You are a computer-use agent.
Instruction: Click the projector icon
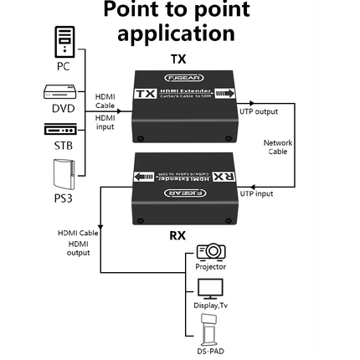coord(211,251)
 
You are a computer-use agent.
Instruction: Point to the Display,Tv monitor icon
coord(211,289)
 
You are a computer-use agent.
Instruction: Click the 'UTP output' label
coord(259,111)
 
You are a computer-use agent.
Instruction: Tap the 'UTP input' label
coord(257,193)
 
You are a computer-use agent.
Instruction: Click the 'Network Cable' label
coord(277,147)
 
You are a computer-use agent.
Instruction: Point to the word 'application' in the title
coord(176,34)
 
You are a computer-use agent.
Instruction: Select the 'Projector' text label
coord(211,266)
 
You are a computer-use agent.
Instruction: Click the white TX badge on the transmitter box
coord(147,95)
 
